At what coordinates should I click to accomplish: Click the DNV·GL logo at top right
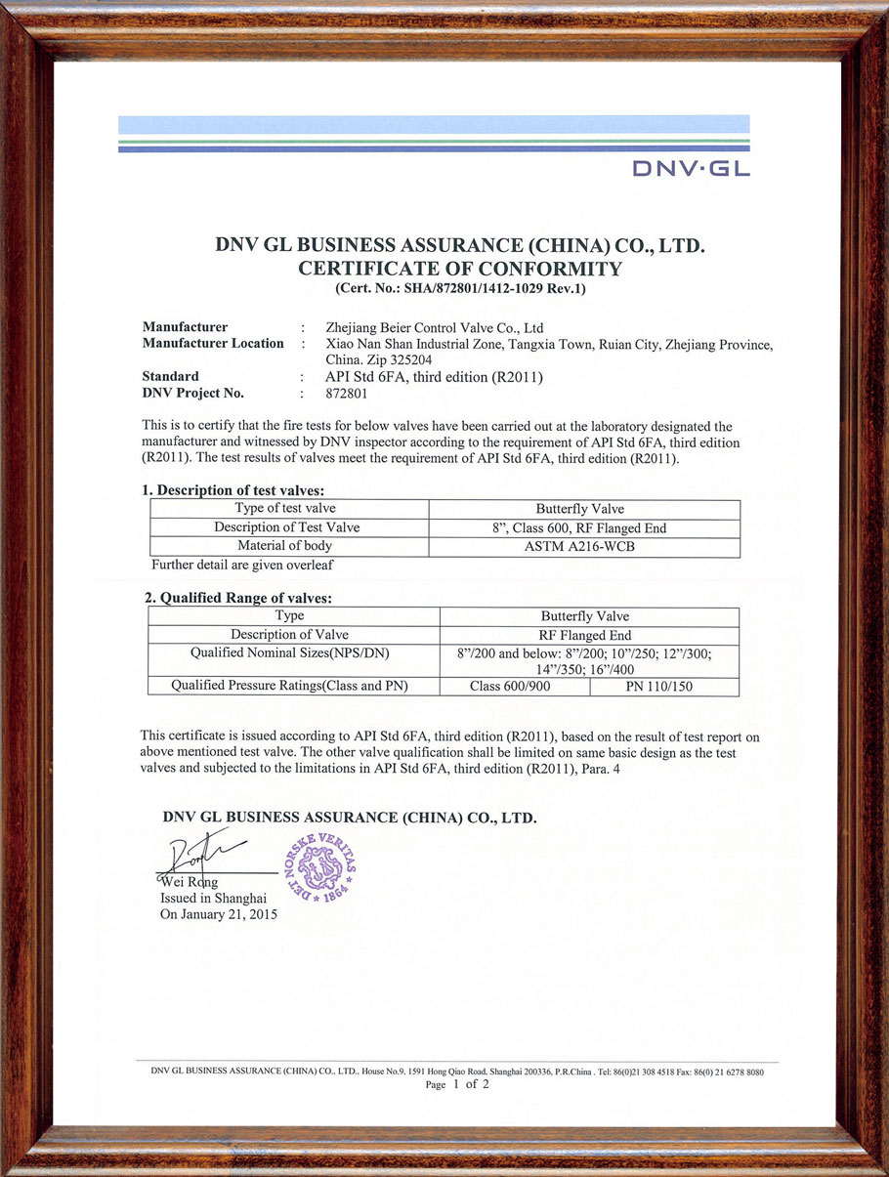pos(691,168)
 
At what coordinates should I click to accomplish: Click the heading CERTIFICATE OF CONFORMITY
pos(459,269)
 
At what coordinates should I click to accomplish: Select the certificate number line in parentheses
pos(459,288)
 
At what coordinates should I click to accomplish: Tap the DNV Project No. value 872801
pos(345,394)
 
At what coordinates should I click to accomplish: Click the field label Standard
pos(171,376)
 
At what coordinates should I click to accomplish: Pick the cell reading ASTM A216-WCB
pos(585,546)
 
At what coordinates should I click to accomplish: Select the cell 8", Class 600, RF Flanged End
pos(585,527)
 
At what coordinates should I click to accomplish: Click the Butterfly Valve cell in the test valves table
pos(585,509)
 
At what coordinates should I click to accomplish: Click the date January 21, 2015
pos(219,915)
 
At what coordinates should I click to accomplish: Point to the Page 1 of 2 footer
pos(457,1084)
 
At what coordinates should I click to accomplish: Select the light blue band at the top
pos(434,124)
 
